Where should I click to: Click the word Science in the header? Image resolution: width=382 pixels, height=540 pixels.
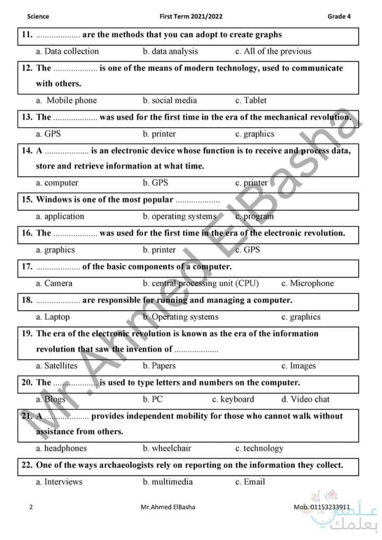(x=38, y=16)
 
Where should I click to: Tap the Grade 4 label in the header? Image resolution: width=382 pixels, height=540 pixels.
(x=339, y=16)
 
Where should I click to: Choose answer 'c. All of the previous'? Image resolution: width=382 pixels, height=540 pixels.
(x=273, y=51)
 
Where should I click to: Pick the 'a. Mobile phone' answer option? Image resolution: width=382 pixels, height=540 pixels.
(x=66, y=100)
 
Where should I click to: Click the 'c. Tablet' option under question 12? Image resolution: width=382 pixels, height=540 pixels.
(x=251, y=100)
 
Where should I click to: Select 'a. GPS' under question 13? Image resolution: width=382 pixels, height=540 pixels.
(x=48, y=134)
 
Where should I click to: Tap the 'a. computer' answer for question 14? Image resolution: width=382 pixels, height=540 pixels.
(x=57, y=182)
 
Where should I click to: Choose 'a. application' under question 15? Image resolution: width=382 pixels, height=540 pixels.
(x=60, y=216)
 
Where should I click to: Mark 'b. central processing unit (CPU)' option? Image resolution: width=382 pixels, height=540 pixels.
(x=201, y=283)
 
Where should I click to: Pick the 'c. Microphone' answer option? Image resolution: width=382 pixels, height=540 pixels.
(x=308, y=283)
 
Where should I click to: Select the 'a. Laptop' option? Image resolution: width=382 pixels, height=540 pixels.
(x=53, y=317)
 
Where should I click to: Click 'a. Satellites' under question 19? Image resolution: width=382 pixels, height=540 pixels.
(x=56, y=365)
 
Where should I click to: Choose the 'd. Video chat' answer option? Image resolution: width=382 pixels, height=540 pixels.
(x=305, y=399)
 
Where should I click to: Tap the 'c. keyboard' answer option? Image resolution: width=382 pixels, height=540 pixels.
(x=233, y=399)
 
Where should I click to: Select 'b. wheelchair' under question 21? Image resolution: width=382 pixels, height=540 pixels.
(x=167, y=448)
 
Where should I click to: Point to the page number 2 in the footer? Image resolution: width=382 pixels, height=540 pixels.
(x=31, y=507)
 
